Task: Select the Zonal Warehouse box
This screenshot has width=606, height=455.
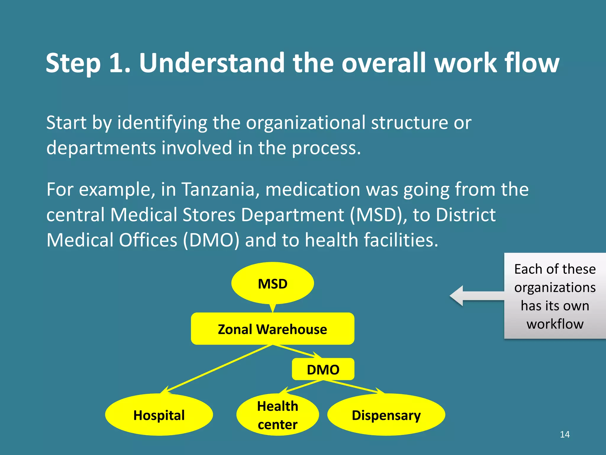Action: point(272,329)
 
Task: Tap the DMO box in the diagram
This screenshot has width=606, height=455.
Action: point(323,369)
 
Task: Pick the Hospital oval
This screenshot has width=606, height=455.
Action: point(159,415)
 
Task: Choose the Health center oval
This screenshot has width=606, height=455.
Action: point(277,415)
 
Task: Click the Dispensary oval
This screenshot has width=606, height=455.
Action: point(386,415)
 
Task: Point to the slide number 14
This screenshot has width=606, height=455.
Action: point(565,434)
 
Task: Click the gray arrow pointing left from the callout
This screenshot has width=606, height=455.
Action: point(476,296)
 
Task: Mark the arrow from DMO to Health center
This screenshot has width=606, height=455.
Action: point(302,387)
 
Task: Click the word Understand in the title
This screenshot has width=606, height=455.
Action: point(212,63)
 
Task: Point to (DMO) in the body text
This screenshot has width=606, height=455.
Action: point(211,240)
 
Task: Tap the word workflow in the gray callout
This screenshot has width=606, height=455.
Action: point(555,324)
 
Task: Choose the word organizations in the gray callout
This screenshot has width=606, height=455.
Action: point(555,288)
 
